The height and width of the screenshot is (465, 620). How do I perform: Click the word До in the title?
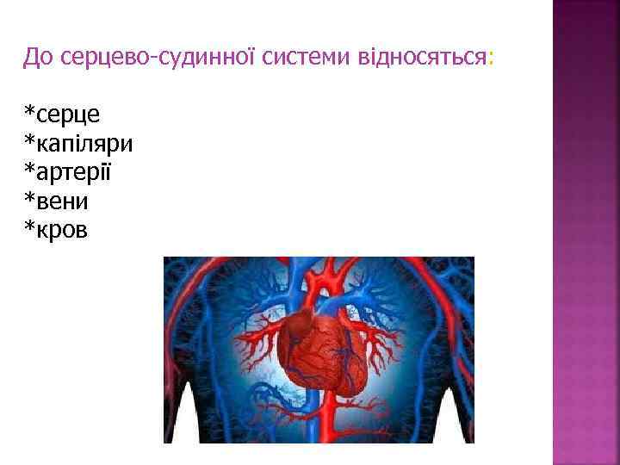[x=39, y=59]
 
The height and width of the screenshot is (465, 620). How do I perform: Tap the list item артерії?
[x=77, y=172]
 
